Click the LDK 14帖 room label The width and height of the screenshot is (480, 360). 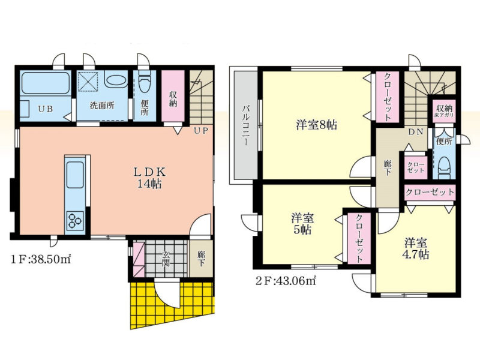pyautogui.click(x=149, y=178)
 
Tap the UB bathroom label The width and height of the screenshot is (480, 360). pyautogui.click(x=46, y=109)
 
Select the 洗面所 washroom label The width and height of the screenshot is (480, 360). pyautogui.click(x=102, y=106)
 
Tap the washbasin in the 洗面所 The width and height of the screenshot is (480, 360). pyautogui.click(x=115, y=80)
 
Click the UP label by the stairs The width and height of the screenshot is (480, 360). pyautogui.click(x=201, y=131)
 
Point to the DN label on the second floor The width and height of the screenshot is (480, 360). pyautogui.click(x=416, y=132)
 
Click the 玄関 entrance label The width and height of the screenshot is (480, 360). pyautogui.click(x=166, y=258)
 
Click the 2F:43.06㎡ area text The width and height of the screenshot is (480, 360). pyautogui.click(x=286, y=281)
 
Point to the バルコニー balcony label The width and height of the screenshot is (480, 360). pyautogui.click(x=245, y=126)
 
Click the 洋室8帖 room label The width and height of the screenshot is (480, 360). pyautogui.click(x=317, y=125)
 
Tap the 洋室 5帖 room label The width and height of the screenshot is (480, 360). pyautogui.click(x=302, y=224)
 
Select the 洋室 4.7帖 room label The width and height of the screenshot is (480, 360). pyautogui.click(x=416, y=248)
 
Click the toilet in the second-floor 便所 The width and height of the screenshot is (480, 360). pyautogui.click(x=444, y=167)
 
